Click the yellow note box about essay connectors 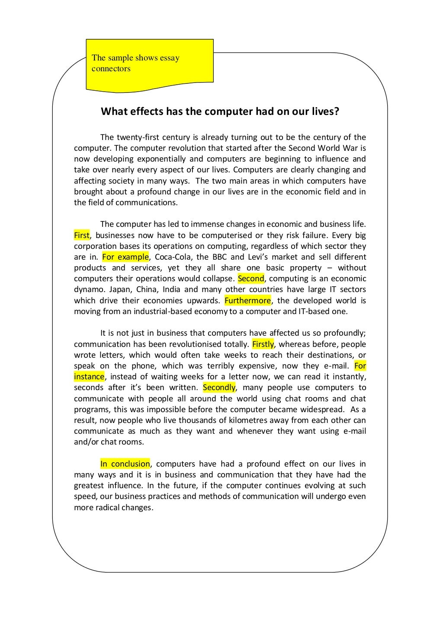pos(149,64)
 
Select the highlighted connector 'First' pos(81,235)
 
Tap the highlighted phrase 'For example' pos(125,257)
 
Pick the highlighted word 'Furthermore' pos(248,301)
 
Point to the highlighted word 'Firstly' pos(263,344)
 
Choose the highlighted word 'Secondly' pos(219,388)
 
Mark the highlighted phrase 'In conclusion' pos(125,464)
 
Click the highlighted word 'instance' pos(89,377)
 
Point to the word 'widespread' pos(320,410)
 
